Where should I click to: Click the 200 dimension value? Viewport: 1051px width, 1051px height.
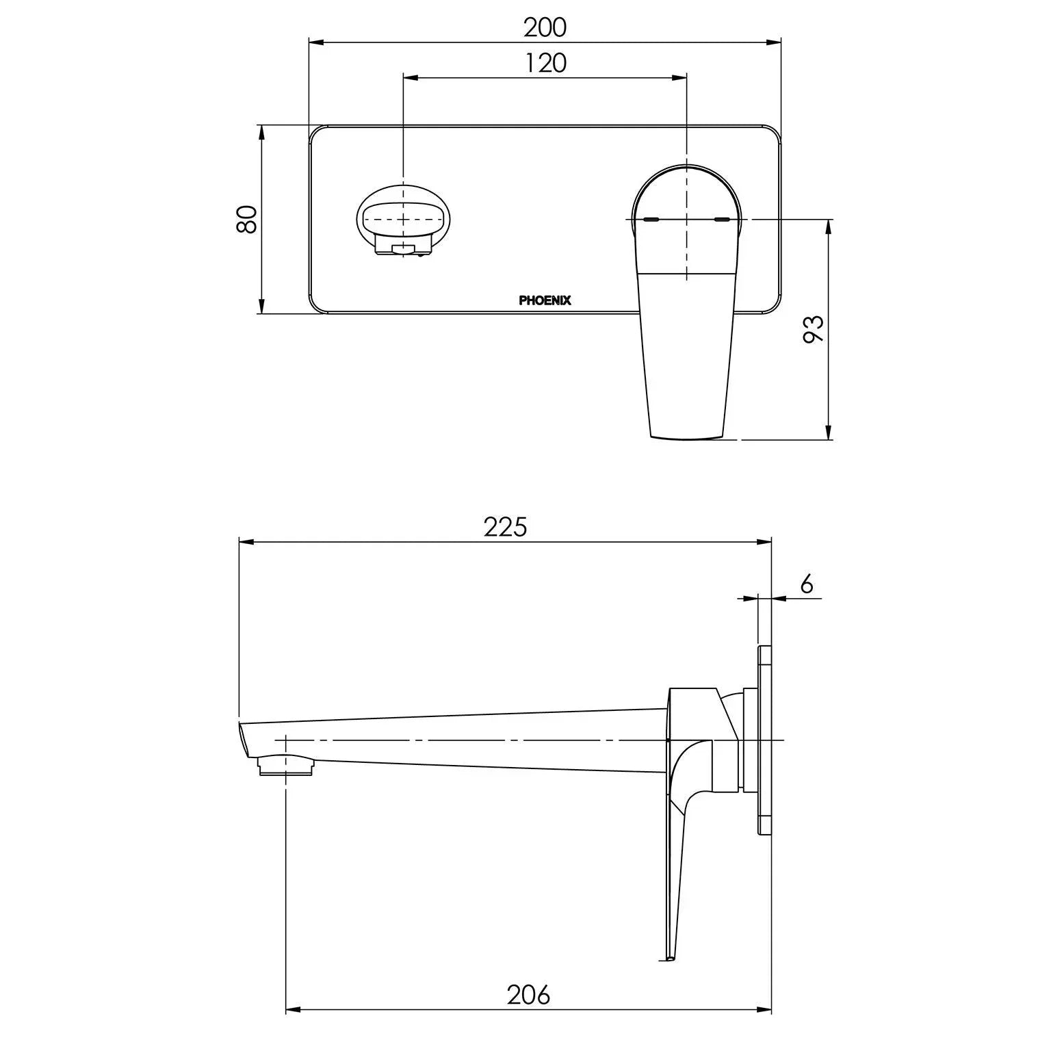tap(545, 27)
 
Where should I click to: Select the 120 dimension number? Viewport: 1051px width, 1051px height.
tap(546, 63)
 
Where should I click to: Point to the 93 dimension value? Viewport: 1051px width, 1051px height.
tap(814, 330)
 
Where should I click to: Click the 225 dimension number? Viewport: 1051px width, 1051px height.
tap(506, 527)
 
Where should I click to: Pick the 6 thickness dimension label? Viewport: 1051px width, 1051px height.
tap(806, 584)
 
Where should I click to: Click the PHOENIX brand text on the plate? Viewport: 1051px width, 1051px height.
tap(545, 300)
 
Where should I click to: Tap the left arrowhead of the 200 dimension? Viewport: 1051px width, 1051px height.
tap(315, 43)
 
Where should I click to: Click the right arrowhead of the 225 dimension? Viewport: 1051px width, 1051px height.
tap(766, 543)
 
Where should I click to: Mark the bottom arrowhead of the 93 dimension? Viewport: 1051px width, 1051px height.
tap(829, 432)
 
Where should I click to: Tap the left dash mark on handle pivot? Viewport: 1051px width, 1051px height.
tap(651, 220)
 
